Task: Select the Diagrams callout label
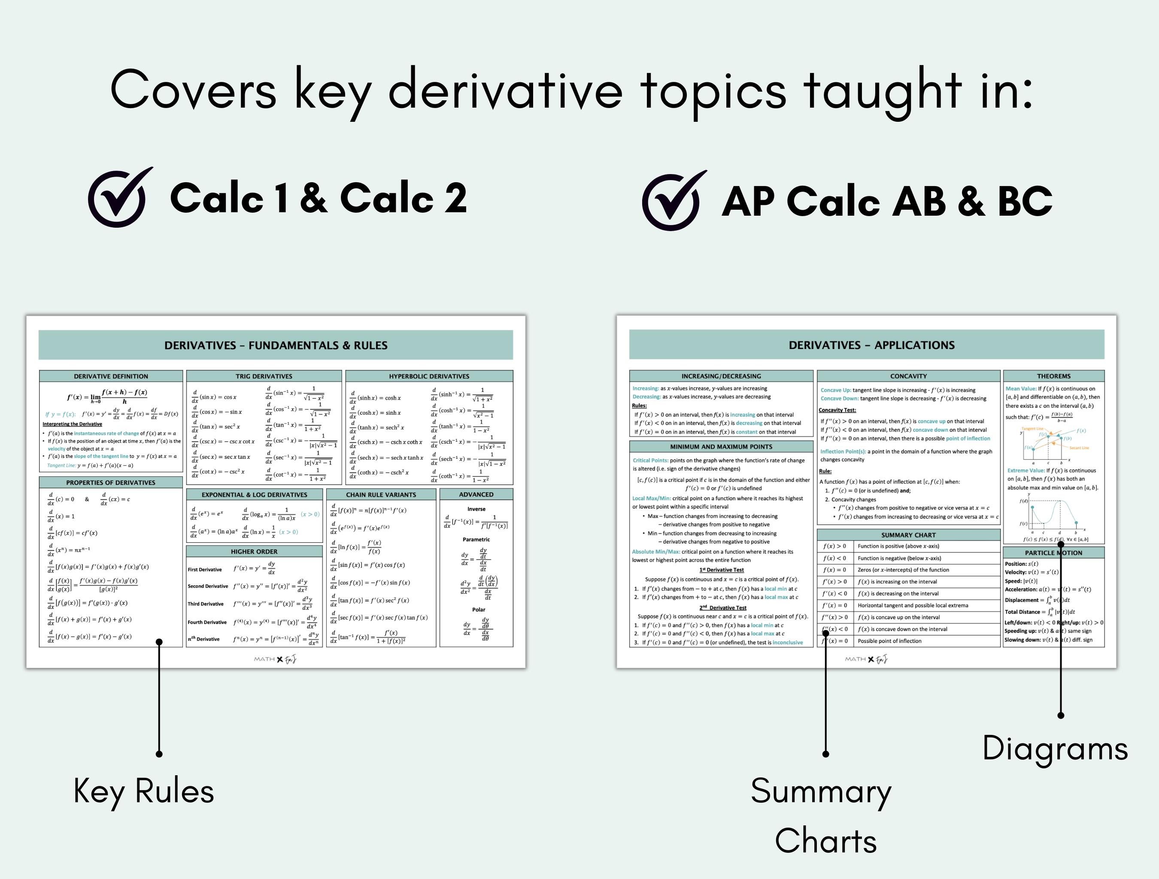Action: pos(1055,748)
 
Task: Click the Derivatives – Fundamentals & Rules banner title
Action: pos(276,346)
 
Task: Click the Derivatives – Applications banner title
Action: pos(871,345)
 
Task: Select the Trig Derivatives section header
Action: pos(264,376)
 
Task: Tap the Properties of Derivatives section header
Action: pos(111,483)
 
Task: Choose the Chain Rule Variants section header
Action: pos(381,495)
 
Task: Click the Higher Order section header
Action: pos(254,552)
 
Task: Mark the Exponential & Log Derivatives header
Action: pos(254,495)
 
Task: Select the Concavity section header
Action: pos(908,376)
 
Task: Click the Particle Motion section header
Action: pos(1053,553)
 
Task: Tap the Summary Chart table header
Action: pos(908,535)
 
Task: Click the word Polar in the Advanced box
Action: pos(478,610)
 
